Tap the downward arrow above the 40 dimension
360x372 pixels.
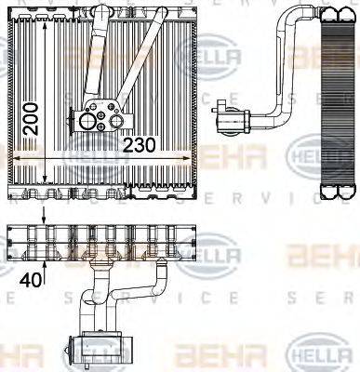(x=43, y=219)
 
